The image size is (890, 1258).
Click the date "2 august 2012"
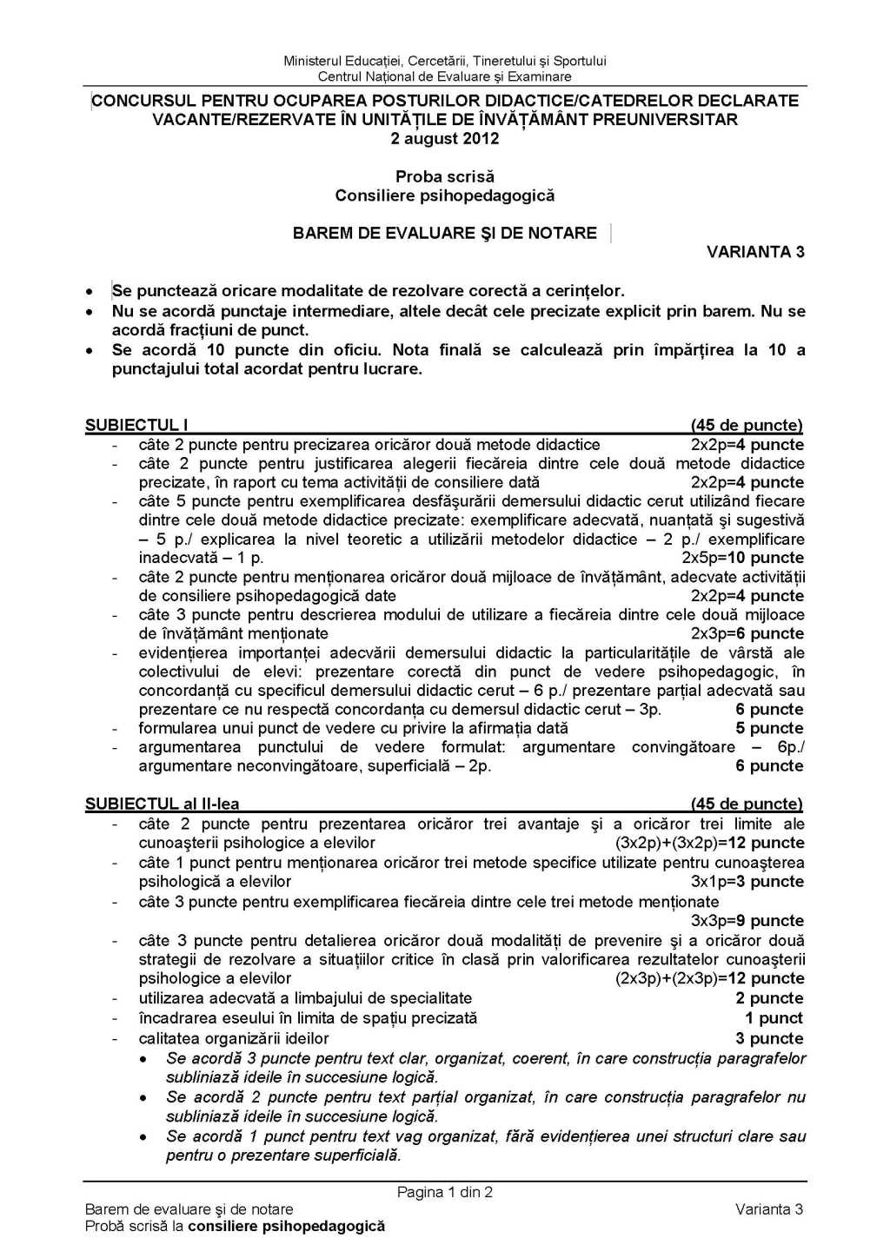click(x=444, y=138)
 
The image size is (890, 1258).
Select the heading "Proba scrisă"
click(x=444, y=176)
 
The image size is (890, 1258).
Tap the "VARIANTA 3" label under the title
click(x=755, y=252)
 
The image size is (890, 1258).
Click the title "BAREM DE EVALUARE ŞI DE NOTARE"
click(x=444, y=233)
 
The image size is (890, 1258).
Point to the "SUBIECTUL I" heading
click(x=136, y=425)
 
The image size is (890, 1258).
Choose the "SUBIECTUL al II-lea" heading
click(x=162, y=804)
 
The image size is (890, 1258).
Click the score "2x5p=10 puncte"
click(x=742, y=558)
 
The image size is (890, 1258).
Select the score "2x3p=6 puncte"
click(x=747, y=633)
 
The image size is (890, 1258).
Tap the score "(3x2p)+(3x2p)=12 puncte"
click(x=709, y=843)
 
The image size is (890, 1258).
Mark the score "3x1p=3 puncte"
click(x=747, y=881)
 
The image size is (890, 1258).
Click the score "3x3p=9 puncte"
click(x=747, y=920)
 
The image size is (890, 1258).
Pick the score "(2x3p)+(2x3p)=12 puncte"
click(x=709, y=978)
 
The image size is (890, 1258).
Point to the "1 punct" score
click(x=774, y=1017)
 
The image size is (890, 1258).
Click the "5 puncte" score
click(x=769, y=728)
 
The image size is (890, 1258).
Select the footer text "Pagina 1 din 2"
click(x=444, y=1192)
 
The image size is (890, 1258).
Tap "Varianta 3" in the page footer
click(x=768, y=1208)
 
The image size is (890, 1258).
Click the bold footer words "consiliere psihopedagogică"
click(x=286, y=1226)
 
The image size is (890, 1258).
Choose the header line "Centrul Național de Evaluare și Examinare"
click(x=444, y=76)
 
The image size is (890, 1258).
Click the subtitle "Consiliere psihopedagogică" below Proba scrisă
click(x=444, y=195)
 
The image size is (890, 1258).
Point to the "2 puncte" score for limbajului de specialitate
click(x=769, y=998)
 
